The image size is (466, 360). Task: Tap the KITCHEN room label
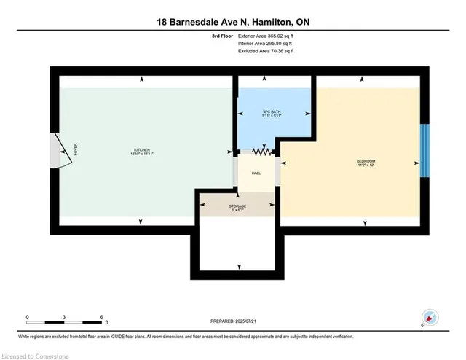pyautogui.click(x=141, y=152)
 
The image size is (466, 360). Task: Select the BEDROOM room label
pyautogui.click(x=366, y=162)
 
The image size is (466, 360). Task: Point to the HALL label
pyautogui.click(x=256, y=173)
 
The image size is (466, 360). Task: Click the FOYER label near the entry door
pyautogui.click(x=75, y=150)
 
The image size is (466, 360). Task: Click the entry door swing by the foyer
pyautogui.click(x=60, y=152)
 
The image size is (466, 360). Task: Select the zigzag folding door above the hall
pyautogui.click(x=261, y=152)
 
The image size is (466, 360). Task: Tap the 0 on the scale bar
pyautogui.click(x=27, y=316)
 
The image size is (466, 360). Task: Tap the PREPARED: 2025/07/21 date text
pyautogui.click(x=233, y=321)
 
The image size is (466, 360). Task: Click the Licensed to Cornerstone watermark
pyautogui.click(x=36, y=354)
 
